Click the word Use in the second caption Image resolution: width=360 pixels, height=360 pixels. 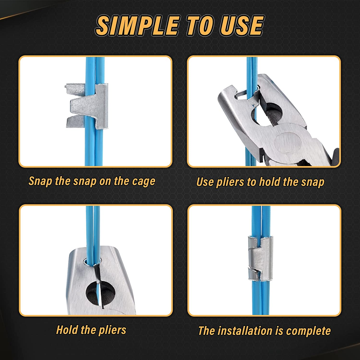click(205, 182)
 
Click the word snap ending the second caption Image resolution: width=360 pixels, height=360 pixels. click(313, 182)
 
